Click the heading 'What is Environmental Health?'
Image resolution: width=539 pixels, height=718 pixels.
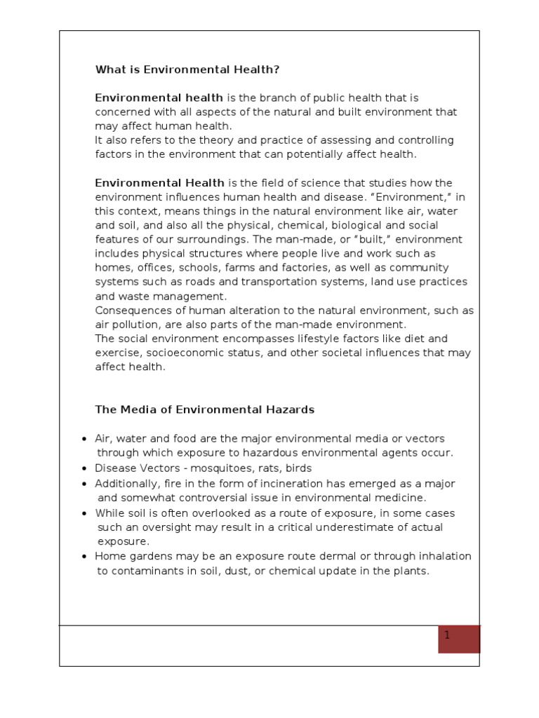[x=187, y=70]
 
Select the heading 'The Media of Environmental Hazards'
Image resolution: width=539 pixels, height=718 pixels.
[x=205, y=409]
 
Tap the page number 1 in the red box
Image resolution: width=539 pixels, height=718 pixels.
[x=446, y=635]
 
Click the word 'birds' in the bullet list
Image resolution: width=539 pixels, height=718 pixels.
[x=298, y=468]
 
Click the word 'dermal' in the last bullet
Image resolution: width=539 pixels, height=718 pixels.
[x=328, y=557]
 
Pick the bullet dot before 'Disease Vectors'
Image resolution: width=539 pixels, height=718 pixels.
[x=85, y=468]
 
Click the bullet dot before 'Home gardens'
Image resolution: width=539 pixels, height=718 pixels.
[x=85, y=557]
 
